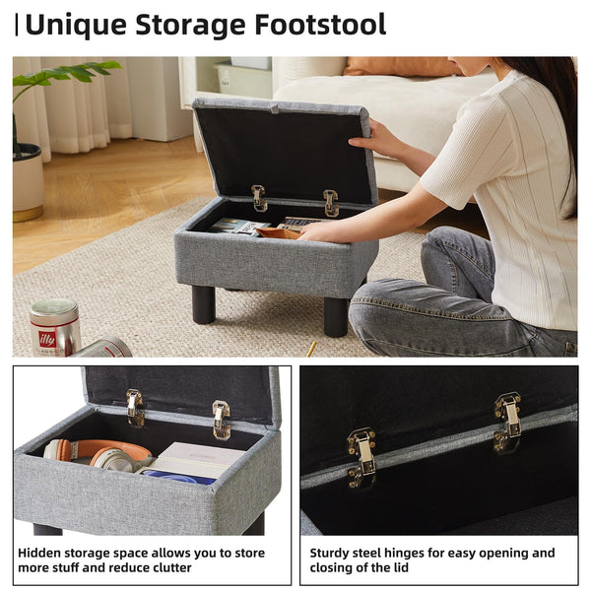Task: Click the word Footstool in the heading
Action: [320, 25]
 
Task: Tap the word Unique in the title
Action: [76, 26]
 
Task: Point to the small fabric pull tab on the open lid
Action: [275, 109]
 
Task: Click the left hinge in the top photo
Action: [259, 198]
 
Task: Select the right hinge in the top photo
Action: [331, 203]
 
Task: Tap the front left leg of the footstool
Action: [204, 305]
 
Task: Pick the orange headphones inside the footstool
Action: [98, 454]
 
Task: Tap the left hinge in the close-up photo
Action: [361, 457]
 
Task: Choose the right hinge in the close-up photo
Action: [508, 423]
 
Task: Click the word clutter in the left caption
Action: [171, 567]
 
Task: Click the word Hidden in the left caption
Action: [39, 553]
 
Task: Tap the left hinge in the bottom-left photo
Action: [135, 408]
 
